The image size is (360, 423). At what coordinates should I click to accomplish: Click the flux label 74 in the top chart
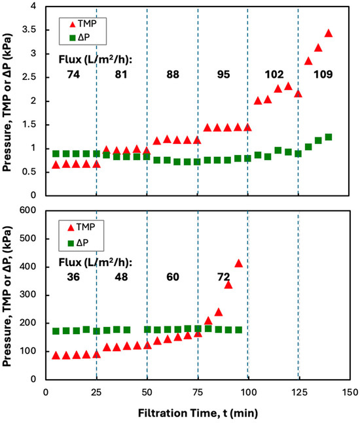[x=59, y=75]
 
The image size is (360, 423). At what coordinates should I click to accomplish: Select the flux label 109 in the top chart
[x=323, y=75]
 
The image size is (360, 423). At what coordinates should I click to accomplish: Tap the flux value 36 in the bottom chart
[x=59, y=276]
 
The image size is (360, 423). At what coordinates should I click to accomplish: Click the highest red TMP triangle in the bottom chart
[x=239, y=263]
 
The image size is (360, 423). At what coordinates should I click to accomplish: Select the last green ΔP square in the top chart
[x=329, y=137]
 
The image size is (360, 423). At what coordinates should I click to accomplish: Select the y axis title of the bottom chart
[x=9, y=297]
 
